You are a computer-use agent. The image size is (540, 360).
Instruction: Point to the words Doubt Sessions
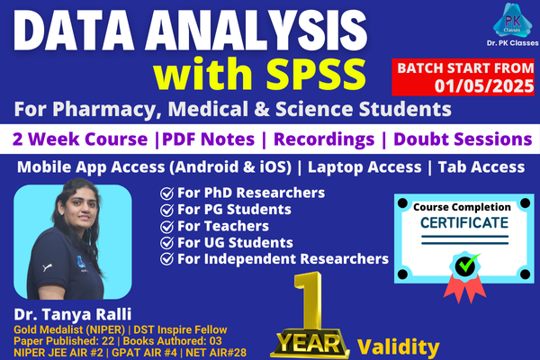[448, 139]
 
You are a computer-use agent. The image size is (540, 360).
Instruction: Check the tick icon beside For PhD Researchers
[166, 193]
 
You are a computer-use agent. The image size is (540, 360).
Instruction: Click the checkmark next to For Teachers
[166, 226]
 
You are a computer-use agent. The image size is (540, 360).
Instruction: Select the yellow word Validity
[399, 346]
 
